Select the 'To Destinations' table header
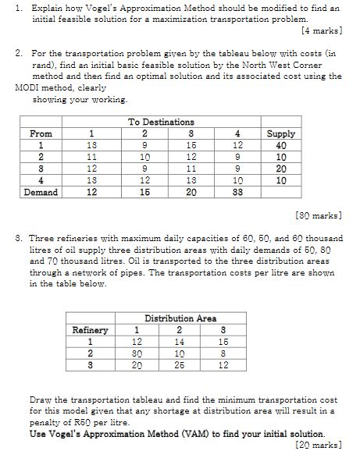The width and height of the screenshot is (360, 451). coord(161,122)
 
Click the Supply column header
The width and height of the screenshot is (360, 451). coord(281,133)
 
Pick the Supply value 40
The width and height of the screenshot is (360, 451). coord(281,145)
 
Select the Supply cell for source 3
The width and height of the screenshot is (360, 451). coord(281,169)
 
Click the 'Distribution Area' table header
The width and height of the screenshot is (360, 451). coord(180,318)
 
